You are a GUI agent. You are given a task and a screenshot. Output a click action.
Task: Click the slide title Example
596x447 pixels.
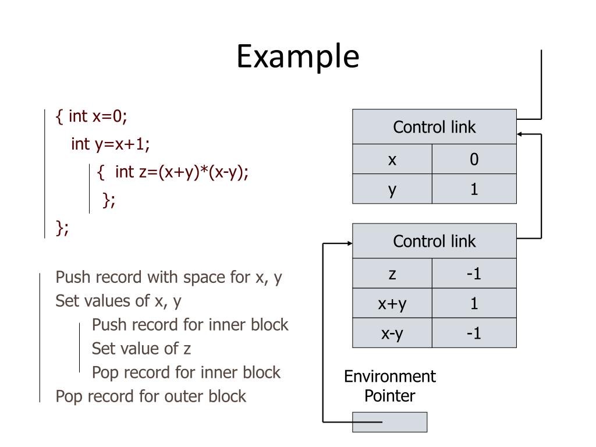298,57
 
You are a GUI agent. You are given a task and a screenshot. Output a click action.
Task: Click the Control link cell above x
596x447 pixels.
434,127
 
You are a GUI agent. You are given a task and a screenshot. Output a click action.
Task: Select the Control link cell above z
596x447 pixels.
434,241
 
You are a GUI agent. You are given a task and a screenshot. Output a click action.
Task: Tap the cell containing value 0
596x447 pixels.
474,159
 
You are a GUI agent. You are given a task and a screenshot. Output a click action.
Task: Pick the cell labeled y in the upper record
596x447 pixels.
392,189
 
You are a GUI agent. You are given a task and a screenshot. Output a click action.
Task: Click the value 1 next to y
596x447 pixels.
474,189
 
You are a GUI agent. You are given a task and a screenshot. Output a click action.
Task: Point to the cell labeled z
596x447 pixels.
392,274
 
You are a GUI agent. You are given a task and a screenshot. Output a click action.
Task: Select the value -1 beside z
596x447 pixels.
474,274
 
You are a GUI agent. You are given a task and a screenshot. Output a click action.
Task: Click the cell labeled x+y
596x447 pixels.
392,303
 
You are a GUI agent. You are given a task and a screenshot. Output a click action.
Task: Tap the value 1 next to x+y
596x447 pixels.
474,303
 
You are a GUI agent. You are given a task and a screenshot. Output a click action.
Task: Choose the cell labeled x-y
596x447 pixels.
392,334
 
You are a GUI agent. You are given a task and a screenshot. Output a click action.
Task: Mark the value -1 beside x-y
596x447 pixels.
474,334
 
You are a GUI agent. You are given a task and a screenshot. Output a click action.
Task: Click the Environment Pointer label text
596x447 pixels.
389,386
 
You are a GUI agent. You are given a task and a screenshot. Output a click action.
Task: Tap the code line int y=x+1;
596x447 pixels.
111,143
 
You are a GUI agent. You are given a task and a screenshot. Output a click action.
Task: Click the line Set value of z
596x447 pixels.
141,349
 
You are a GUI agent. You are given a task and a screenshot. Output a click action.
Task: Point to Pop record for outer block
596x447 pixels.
151,396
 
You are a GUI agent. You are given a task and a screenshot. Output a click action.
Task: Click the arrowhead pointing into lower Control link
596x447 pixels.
350,243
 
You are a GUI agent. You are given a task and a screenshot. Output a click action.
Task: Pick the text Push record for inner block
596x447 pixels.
190,324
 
